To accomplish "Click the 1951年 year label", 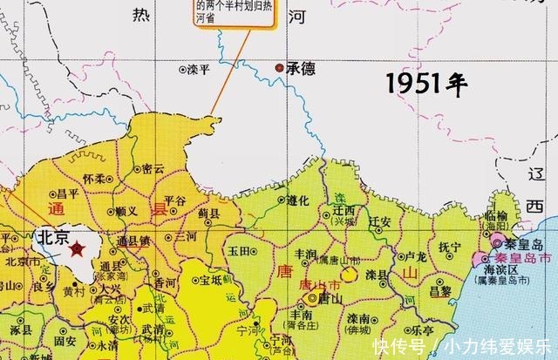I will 427,84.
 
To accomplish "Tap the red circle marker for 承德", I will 279,67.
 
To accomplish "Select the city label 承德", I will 301,68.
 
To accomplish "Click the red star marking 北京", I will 77,249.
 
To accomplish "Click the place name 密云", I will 152,169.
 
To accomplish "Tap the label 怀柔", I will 93,178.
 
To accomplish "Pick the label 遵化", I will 298,200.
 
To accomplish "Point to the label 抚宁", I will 450,247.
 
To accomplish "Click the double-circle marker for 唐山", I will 311,299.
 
